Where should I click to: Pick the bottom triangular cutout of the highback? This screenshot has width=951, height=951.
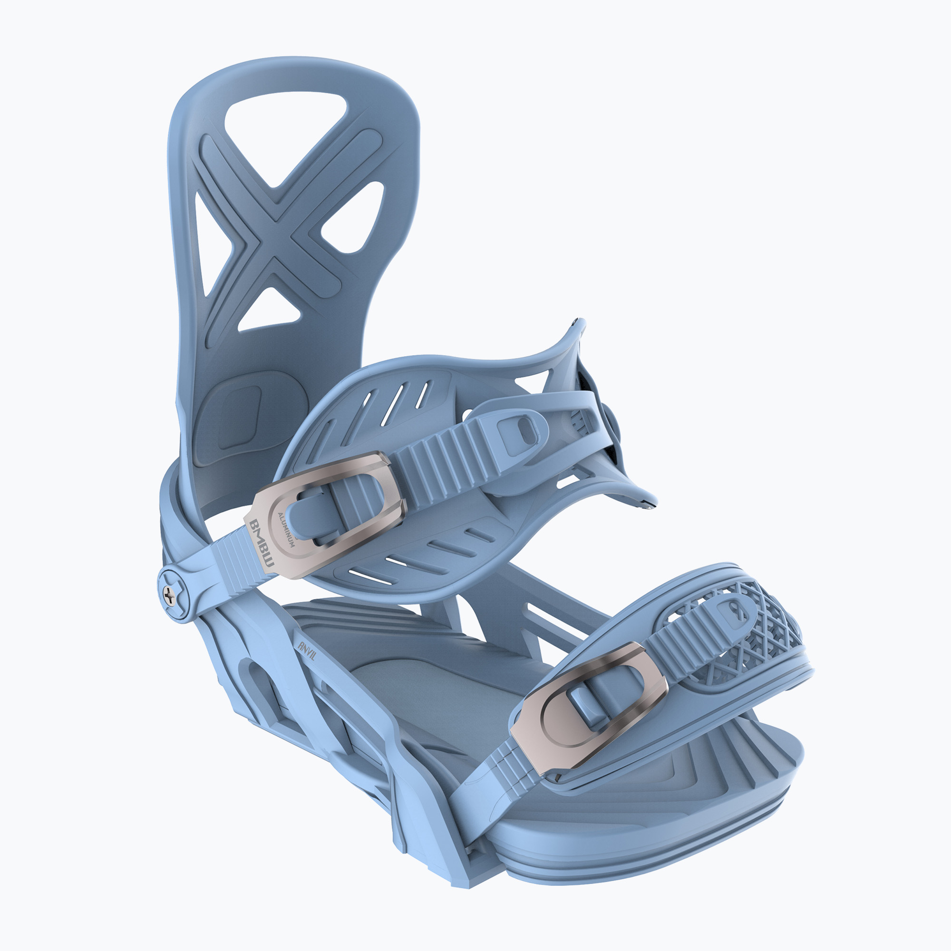coord(269,310)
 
